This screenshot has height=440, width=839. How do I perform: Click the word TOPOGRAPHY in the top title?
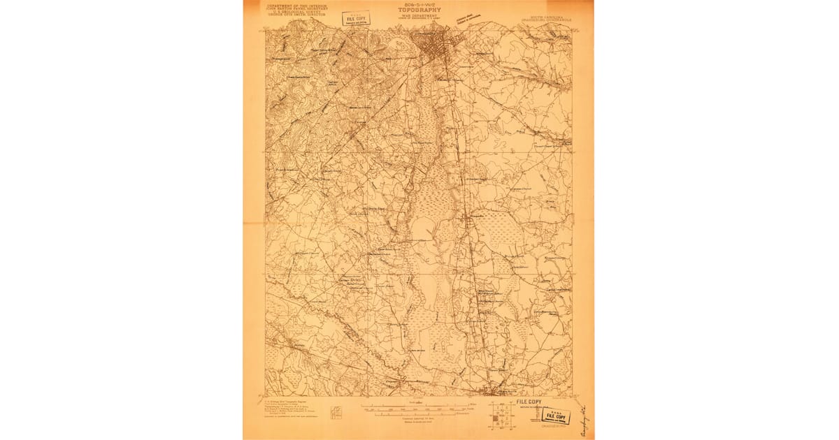[419, 10]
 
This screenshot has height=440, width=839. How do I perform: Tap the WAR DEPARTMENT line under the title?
[419, 16]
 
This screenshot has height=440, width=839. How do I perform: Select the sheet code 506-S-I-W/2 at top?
[419, 4]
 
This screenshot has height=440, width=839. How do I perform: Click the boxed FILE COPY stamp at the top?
[357, 19]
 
